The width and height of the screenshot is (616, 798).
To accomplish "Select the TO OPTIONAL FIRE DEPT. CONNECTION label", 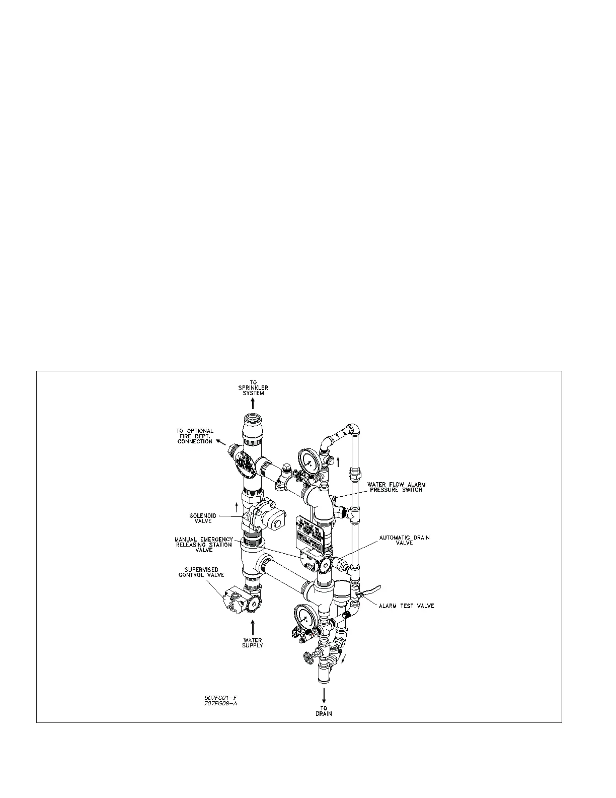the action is click(195, 436).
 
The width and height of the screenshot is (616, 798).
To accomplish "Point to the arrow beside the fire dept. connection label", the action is click(220, 442).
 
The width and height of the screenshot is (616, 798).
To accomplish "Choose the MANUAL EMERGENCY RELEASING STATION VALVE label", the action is click(204, 545).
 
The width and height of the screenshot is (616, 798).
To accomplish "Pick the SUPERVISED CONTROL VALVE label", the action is click(201, 572).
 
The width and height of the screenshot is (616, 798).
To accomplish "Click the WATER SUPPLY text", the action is click(253, 643).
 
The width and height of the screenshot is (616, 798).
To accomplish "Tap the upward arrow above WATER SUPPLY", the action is click(253, 628).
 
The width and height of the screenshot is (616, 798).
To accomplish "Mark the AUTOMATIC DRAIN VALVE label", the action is click(405, 541).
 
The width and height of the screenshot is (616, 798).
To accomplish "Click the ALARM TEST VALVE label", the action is click(406, 606).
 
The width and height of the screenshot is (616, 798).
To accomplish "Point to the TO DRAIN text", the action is click(324, 710).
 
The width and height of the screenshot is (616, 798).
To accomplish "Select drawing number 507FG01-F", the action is click(220, 698).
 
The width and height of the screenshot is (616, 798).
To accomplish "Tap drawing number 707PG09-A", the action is click(220, 704).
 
